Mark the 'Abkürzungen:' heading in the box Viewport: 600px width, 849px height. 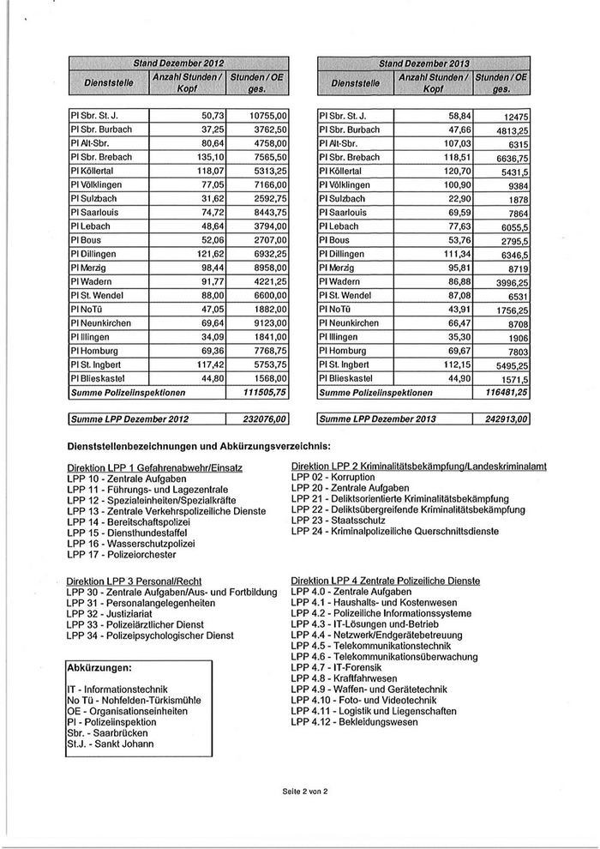coord(99,666)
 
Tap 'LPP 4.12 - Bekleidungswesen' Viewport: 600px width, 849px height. coord(355,722)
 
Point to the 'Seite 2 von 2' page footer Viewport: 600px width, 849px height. coord(300,789)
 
